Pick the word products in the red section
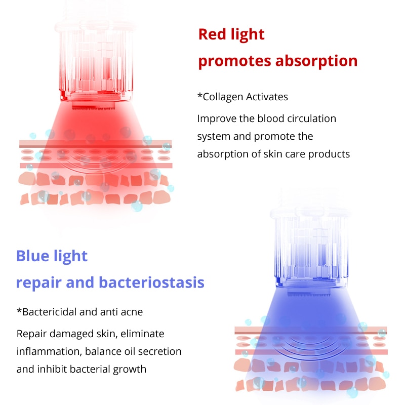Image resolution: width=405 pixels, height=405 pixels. click(330, 154)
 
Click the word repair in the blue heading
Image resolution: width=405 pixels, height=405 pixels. click(36, 282)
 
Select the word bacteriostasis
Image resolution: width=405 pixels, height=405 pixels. click(151, 282)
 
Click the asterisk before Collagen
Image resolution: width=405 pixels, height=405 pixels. click(199, 95)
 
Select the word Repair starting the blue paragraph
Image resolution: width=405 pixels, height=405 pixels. click(31, 334)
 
